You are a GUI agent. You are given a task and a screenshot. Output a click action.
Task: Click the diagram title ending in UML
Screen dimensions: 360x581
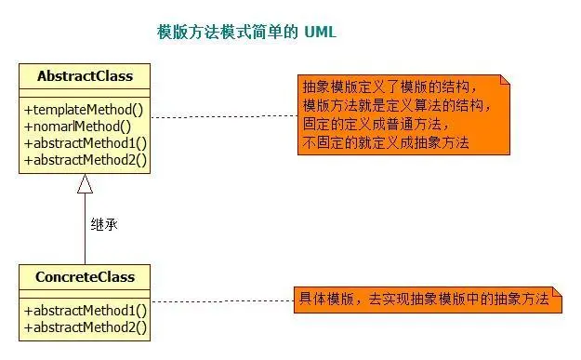click(246, 33)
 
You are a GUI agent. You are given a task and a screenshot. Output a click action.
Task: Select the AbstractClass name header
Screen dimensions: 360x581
click(85, 76)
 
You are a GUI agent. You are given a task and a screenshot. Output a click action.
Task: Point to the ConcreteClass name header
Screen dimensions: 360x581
click(85, 277)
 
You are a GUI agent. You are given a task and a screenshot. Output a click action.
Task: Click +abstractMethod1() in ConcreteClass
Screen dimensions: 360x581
click(86, 311)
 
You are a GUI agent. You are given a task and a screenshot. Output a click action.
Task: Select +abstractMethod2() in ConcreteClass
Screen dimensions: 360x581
click(86, 327)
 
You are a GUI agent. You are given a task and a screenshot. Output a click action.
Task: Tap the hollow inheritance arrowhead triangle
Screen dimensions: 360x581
click(85, 184)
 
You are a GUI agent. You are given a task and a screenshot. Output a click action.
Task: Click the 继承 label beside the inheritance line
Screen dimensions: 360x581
click(104, 224)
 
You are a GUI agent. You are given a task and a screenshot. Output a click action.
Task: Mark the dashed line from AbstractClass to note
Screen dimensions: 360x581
click(223, 117)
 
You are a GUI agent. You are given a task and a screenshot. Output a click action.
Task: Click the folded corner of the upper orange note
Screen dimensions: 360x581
click(505, 80)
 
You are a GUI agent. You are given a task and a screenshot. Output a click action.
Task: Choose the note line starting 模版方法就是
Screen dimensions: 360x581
click(396, 105)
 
